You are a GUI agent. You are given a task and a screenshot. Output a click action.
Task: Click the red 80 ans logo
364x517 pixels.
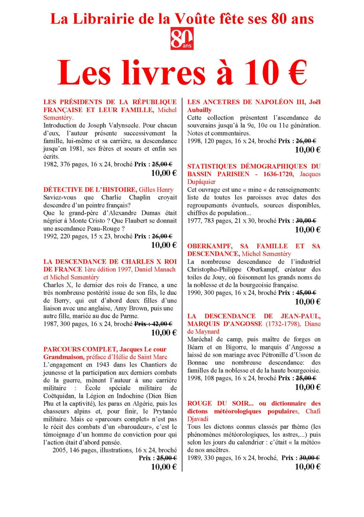point(182,38)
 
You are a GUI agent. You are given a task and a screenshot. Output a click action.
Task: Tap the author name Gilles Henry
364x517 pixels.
point(156,190)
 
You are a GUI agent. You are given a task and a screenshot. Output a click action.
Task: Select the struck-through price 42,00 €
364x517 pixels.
point(162,324)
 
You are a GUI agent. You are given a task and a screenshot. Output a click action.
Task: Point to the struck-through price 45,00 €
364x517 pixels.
point(306,293)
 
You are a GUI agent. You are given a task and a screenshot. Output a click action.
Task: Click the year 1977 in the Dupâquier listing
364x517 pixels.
point(194,221)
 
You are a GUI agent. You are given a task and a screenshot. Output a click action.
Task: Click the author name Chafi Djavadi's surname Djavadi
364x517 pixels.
point(198,419)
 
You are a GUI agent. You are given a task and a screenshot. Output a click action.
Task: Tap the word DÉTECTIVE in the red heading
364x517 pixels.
point(63,190)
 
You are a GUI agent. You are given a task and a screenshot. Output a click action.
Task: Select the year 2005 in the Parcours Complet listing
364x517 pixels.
point(59,450)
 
